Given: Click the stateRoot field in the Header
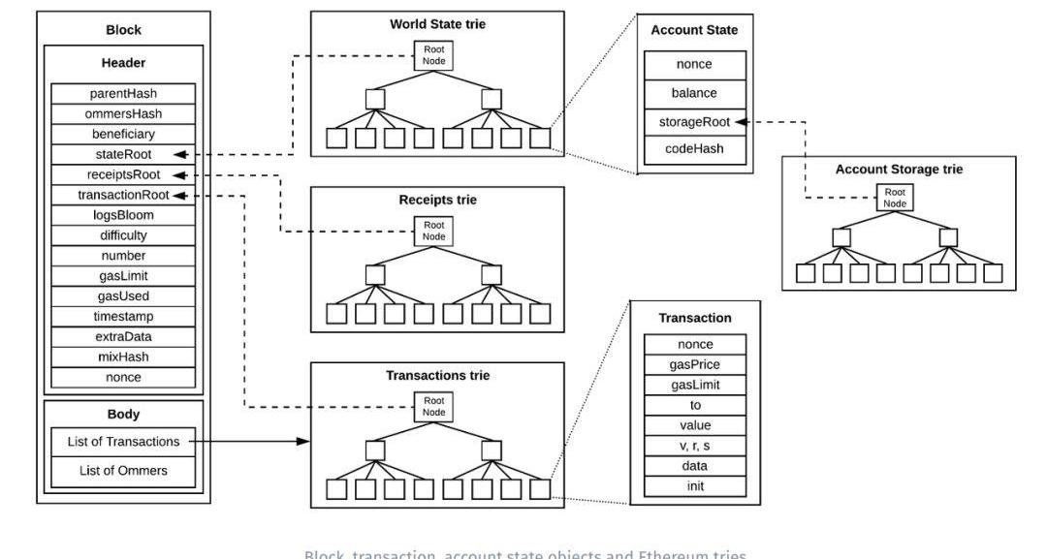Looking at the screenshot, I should click(124, 154).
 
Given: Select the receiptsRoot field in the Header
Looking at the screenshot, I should click(124, 174).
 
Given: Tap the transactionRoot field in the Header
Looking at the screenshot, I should click(124, 195).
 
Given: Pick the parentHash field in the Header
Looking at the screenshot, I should click(124, 93).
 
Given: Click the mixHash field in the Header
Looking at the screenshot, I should click(124, 357).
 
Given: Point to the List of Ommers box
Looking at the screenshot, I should click(124, 471).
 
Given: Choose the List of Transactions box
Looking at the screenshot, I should click(124, 441).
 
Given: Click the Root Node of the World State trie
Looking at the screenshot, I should click(432, 55).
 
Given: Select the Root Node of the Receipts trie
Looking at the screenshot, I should click(432, 231).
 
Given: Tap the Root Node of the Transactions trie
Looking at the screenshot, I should click(432, 406).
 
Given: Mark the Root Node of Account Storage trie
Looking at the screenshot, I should click(895, 197).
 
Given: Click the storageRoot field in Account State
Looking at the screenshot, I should click(695, 122).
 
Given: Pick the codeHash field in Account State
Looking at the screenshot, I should click(695, 150).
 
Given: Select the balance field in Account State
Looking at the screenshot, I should click(695, 94).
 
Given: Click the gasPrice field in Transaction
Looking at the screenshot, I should click(695, 364).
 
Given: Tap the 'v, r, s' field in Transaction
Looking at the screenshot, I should click(695, 446).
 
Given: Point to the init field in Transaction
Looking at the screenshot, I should click(695, 485).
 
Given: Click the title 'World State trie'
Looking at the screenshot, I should click(437, 23).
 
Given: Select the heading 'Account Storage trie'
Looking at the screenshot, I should click(899, 169).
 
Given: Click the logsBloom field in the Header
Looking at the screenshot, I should click(124, 215).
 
